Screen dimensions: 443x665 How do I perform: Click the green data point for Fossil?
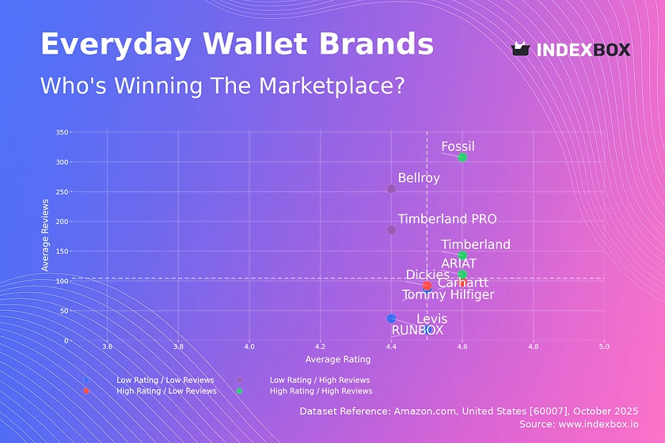[462, 158]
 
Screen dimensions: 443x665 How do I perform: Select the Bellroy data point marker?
[391, 189]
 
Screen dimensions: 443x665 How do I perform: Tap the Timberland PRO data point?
[391, 230]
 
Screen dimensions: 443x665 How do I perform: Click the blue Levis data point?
[391, 318]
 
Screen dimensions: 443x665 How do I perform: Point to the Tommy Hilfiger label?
[448, 295]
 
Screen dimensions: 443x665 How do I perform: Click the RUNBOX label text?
[418, 330]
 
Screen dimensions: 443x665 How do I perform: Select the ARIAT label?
[459, 263]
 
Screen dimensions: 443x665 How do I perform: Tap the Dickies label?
[427, 275]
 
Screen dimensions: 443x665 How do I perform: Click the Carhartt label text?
[463, 283]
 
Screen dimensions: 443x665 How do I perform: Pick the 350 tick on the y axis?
[62, 132]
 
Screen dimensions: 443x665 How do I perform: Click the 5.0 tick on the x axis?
[604, 346]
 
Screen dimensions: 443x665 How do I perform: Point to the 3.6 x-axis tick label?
[107, 346]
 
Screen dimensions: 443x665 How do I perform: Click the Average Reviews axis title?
[45, 237]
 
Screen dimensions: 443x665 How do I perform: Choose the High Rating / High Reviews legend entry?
[321, 391]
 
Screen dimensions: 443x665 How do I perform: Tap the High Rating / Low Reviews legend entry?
[166, 391]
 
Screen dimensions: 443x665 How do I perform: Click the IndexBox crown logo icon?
[520, 49]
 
